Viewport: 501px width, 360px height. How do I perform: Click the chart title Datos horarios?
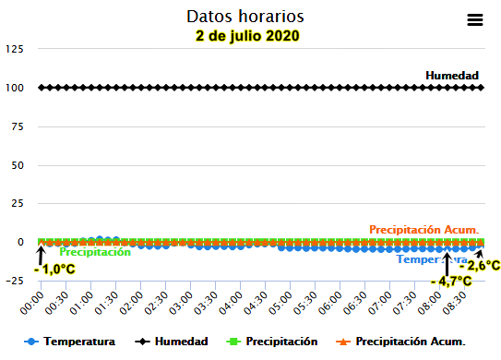tap(245, 17)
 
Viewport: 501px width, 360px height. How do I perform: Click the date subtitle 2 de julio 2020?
tap(247, 36)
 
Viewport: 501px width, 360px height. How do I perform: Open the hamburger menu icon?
tap(475, 19)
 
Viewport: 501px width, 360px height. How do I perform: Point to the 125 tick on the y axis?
tap(14, 49)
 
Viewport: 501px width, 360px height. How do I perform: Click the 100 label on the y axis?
tap(14, 88)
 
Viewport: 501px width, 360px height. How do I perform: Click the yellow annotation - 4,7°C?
tap(451, 281)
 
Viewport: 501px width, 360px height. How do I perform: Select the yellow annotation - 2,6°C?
tap(480, 266)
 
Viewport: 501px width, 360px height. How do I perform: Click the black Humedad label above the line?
tap(452, 75)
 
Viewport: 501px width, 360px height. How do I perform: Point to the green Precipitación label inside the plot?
tap(95, 252)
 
